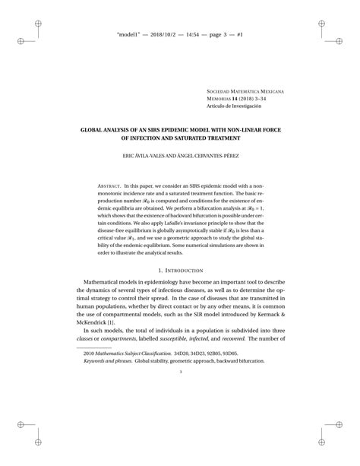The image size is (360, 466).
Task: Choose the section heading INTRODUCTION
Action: tap(184, 271)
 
